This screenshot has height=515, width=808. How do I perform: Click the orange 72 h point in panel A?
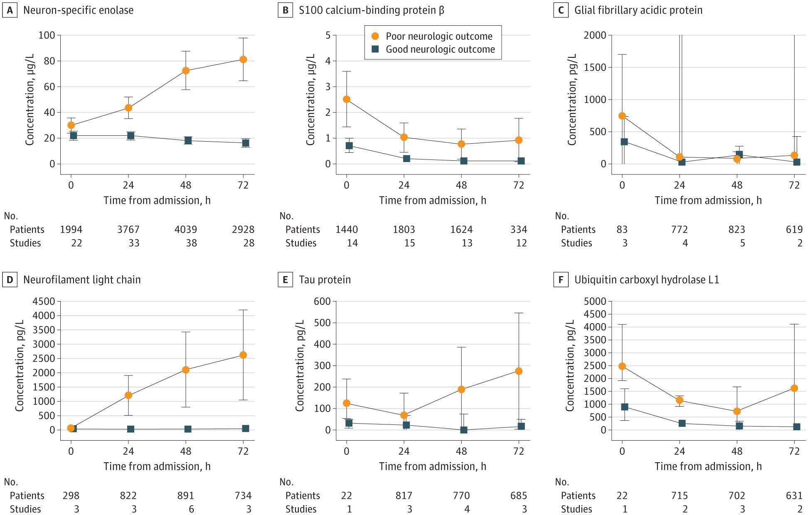click(243, 59)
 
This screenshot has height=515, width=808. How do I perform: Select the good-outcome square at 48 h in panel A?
click(188, 140)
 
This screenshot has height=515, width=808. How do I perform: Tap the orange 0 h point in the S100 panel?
click(347, 99)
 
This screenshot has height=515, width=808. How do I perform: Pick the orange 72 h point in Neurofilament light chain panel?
click(243, 355)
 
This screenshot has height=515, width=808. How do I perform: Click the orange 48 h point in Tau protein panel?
click(461, 390)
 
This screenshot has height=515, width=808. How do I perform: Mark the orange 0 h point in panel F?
click(622, 366)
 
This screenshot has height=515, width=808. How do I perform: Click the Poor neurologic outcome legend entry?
click(432, 36)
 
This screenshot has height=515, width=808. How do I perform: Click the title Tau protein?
click(325, 280)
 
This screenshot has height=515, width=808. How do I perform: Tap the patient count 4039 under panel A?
click(186, 229)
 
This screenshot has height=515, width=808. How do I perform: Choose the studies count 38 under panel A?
click(191, 243)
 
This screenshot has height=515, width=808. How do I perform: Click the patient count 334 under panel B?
click(519, 229)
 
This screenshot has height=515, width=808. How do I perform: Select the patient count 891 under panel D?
click(186, 495)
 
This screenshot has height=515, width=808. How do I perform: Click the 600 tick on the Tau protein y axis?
click(323, 301)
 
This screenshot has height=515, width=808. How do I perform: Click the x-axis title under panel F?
click(708, 466)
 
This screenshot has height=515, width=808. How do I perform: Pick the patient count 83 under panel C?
click(622, 229)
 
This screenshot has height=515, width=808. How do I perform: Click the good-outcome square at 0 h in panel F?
click(624, 407)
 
